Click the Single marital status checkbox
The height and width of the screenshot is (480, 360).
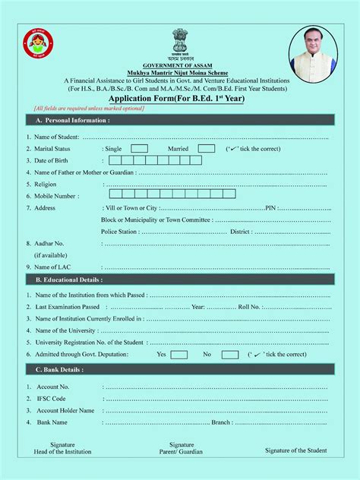click(139, 149)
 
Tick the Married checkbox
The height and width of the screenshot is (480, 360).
click(207, 149)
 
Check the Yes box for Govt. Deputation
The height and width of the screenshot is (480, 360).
click(179, 355)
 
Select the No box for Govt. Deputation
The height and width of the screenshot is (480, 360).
click(230, 355)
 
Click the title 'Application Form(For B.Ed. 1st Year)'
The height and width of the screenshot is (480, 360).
click(180, 99)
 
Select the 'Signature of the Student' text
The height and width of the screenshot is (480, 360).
click(296, 450)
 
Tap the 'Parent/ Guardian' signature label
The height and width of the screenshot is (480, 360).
click(182, 452)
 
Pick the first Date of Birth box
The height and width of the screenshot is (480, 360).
click(115, 160)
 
